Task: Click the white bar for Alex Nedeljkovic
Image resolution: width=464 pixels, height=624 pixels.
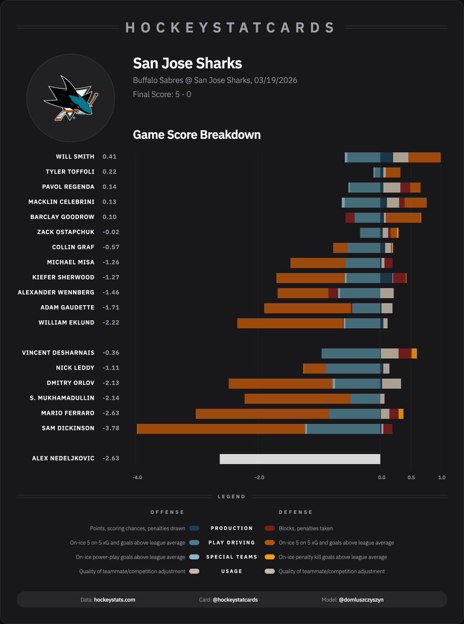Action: (300, 459)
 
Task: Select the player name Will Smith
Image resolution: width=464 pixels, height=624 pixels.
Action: (75, 157)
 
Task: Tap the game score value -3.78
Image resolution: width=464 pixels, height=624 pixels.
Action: (111, 428)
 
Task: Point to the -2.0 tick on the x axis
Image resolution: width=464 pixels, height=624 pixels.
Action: (258, 478)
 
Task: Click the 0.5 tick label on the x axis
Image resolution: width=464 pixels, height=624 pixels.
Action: (411, 478)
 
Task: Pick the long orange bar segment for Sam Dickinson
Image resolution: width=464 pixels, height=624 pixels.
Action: (221, 428)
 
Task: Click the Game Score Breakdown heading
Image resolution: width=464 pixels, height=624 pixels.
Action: (197, 135)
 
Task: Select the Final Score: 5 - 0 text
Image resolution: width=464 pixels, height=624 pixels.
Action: (162, 95)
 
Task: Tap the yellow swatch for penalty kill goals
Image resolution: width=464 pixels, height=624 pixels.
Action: (269, 557)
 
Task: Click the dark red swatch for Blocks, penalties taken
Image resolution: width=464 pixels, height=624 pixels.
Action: (269, 528)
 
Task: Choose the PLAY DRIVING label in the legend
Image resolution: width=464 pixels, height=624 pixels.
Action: (232, 542)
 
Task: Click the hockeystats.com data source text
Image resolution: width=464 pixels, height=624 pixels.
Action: (114, 600)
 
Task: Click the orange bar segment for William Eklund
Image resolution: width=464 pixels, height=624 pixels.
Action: (290, 323)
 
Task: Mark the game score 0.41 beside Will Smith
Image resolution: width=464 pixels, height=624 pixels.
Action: (109, 157)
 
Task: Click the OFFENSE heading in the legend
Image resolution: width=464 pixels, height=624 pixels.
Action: (167, 512)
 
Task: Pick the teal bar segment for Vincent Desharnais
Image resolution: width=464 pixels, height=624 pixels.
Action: (351, 353)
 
